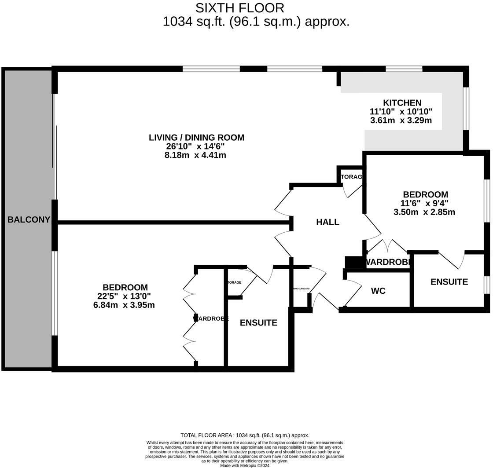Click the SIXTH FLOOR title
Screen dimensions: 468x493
[239, 8]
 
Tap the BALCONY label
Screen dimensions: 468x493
[29, 219]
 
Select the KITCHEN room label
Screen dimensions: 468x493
[402, 102]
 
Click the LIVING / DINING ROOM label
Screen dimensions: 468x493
[196, 137]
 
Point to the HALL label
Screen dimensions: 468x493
[327, 222]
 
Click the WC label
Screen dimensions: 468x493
[378, 291]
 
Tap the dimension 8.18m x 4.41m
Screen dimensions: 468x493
[195, 155]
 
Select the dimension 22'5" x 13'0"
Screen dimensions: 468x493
[125, 296]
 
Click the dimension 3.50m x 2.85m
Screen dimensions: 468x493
[424, 212]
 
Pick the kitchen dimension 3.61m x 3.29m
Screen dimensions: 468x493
[401, 120]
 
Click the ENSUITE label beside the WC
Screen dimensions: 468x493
[449, 282]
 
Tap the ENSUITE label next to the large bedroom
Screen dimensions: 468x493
[258, 323]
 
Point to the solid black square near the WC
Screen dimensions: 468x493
[353, 262]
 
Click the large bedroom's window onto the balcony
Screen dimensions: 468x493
[55, 293]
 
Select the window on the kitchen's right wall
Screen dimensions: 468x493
[466, 109]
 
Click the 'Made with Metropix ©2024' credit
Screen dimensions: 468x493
[245, 465]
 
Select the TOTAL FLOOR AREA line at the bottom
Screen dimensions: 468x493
[245, 435]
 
